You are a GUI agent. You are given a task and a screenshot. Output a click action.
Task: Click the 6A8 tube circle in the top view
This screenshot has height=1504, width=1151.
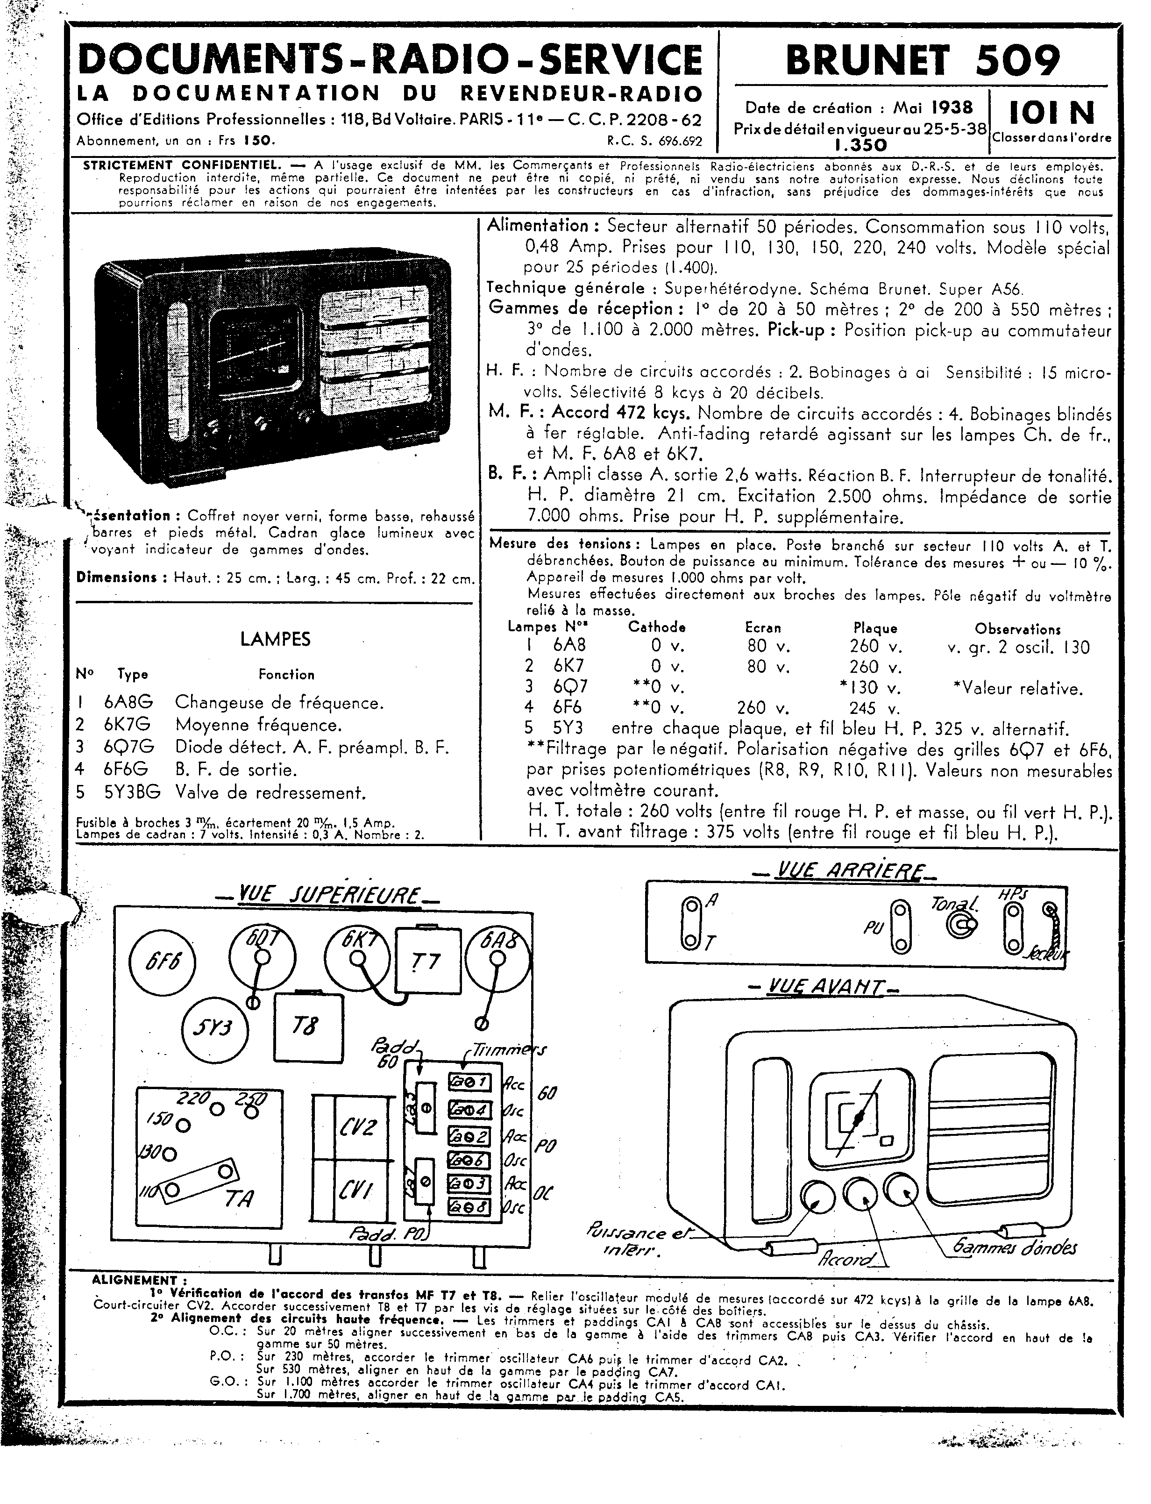(498, 957)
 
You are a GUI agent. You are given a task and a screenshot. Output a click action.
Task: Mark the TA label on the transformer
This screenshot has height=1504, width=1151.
(239, 1198)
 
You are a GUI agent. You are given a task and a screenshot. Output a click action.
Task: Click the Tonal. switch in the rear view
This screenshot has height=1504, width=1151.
(962, 926)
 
